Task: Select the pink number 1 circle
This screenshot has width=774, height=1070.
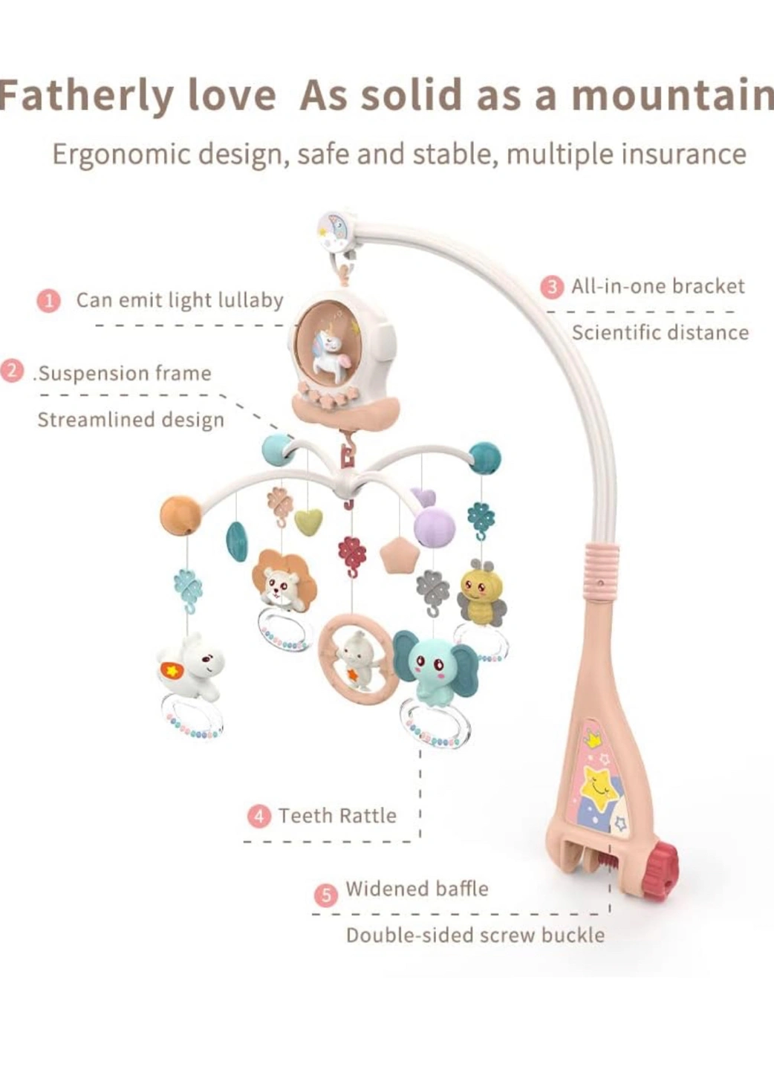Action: [x=49, y=302]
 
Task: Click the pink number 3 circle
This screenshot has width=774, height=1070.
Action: [x=552, y=287]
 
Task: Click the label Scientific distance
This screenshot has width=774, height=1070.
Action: [x=660, y=333]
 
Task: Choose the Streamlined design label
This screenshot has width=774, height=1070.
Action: [x=131, y=421]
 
